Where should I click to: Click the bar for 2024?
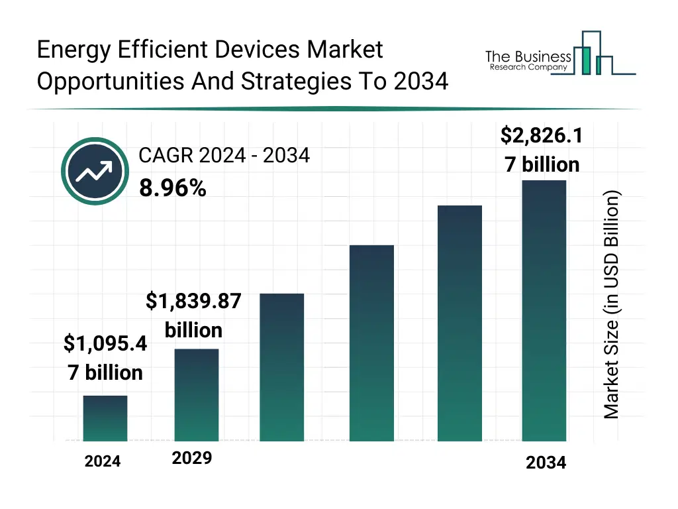[x=105, y=418]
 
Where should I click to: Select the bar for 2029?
[x=196, y=394]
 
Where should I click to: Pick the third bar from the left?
[x=281, y=367]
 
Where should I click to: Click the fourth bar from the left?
[x=371, y=343]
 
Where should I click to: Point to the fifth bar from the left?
[x=460, y=323]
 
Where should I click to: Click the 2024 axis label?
[x=103, y=461]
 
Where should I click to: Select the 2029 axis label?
[x=192, y=458]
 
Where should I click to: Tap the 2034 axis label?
[x=546, y=463]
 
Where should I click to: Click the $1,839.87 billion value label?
[x=193, y=315]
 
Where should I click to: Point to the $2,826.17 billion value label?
[x=542, y=150]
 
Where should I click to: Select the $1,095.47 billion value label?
[x=105, y=358]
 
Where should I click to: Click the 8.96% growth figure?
[x=172, y=189]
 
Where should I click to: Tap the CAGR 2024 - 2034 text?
[x=224, y=156]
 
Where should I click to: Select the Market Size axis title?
[x=612, y=305]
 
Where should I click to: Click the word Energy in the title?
[x=74, y=50]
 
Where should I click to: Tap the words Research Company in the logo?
[x=528, y=67]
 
